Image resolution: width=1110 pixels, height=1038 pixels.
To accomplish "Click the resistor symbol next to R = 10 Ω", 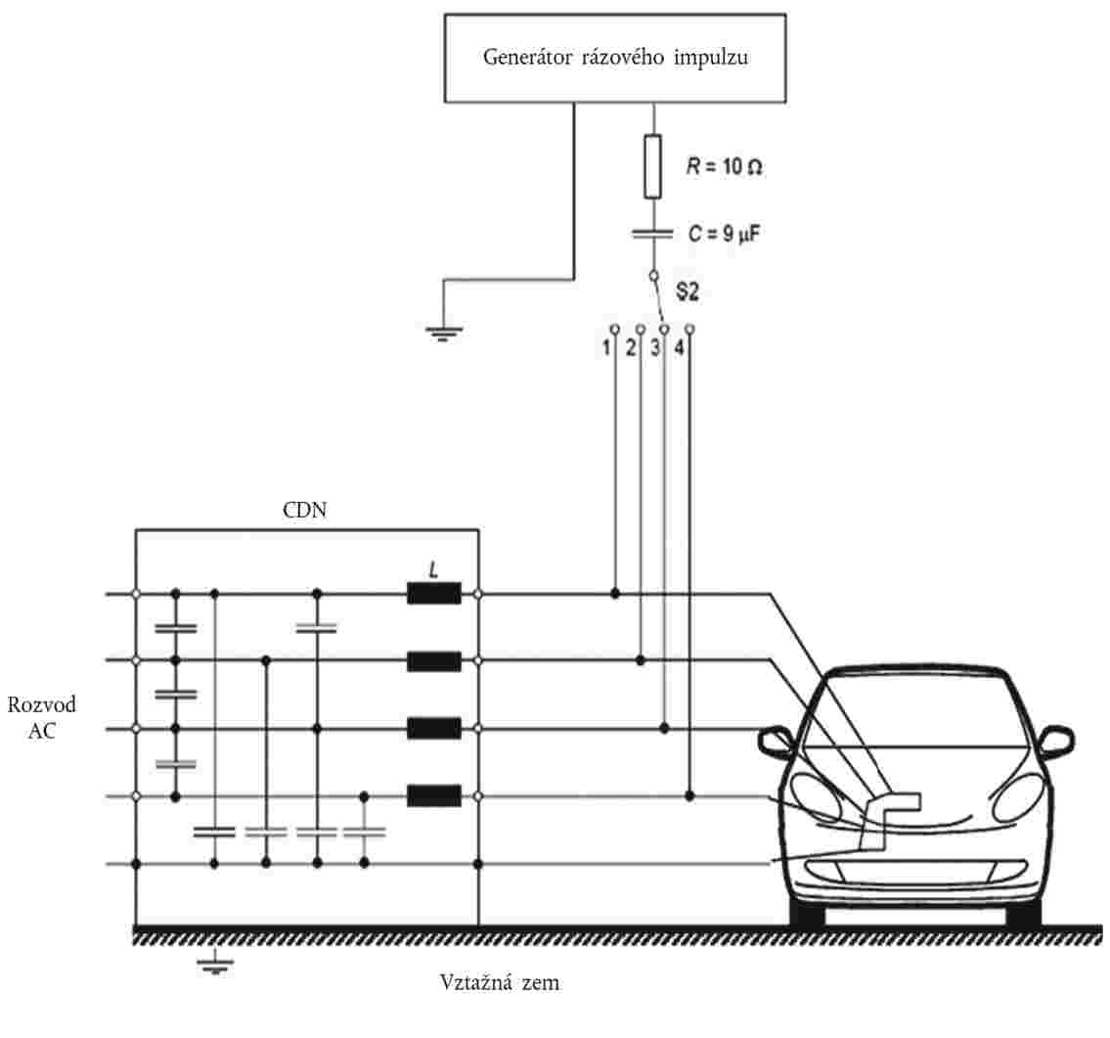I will click(x=653, y=167).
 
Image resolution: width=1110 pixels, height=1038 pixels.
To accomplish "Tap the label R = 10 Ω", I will click(x=724, y=168).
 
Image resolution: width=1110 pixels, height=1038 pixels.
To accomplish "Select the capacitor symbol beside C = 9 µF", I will click(x=653, y=233).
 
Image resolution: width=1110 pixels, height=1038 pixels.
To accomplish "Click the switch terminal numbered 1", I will click(x=614, y=329).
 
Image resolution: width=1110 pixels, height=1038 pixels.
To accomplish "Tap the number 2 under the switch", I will click(x=632, y=347).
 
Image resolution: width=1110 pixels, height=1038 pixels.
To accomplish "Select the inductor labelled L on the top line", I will click(x=433, y=593).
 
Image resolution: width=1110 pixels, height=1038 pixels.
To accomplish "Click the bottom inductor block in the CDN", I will click(x=433, y=796).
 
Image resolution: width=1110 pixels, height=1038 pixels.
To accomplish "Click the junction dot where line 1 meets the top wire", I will click(x=614, y=594).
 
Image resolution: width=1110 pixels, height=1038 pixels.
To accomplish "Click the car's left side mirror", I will click(x=777, y=742).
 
